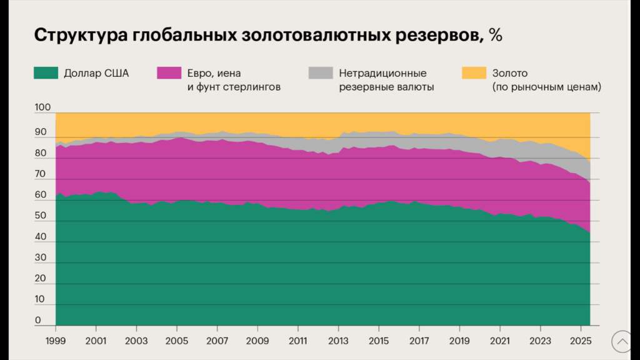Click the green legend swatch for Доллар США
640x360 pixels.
(46, 73)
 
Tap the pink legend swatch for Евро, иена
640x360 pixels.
(169, 73)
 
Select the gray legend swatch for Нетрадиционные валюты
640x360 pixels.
(321, 73)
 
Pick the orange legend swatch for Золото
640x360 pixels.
(473, 73)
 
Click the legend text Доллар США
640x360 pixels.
(96, 73)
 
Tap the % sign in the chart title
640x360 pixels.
(496, 35)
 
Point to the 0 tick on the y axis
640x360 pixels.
(38, 321)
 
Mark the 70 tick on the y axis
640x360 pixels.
(40, 174)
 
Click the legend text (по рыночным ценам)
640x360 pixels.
(546, 87)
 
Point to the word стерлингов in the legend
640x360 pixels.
(252, 87)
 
